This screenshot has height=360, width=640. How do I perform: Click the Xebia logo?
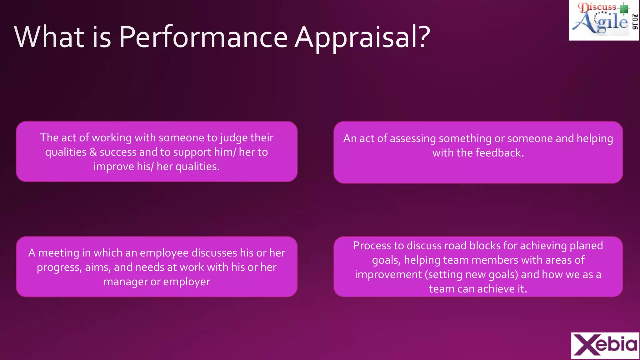click(605, 345)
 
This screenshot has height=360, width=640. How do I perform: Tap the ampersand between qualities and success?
click(93, 152)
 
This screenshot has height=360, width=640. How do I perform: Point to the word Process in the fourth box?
click(372, 246)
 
